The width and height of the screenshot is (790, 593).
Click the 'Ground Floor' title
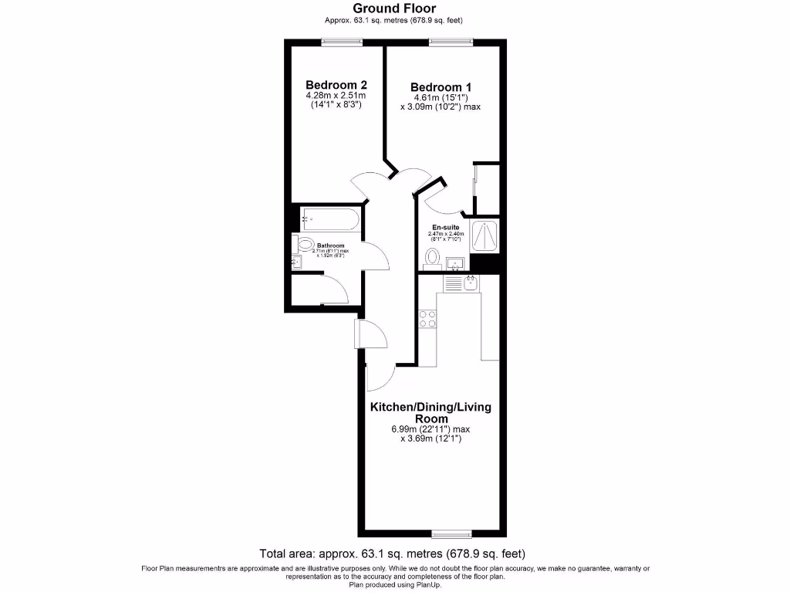(x=394, y=8)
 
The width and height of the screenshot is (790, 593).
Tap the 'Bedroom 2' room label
(x=336, y=85)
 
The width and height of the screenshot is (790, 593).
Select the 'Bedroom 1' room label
(x=441, y=87)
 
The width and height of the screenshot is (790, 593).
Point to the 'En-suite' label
(x=446, y=227)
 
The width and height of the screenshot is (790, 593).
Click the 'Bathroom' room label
(x=330, y=246)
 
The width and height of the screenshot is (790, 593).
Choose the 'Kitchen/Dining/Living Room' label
(x=430, y=412)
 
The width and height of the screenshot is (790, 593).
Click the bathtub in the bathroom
(x=329, y=219)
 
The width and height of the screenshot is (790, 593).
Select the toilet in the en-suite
(x=433, y=257)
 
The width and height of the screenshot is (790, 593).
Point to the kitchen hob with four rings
(x=427, y=318)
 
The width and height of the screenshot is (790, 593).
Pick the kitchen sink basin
(x=471, y=283)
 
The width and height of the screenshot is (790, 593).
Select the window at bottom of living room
(x=451, y=534)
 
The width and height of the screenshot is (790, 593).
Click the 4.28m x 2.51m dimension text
(x=336, y=96)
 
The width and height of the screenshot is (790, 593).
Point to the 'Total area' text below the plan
(x=394, y=553)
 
